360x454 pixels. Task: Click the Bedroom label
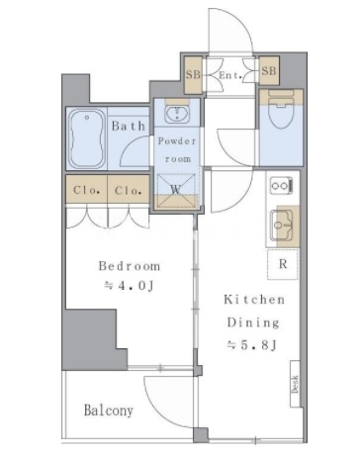tap(130, 266)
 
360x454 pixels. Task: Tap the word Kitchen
tap(254, 300)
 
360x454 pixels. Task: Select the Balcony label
tap(109, 410)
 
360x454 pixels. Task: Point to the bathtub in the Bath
tap(87, 138)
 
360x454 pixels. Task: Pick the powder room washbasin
tap(177, 113)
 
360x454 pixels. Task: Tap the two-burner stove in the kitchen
tap(281, 186)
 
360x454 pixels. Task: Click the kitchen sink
tap(282, 226)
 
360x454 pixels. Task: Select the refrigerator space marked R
tap(283, 264)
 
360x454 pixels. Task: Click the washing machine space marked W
tap(176, 191)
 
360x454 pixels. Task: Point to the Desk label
tap(295, 384)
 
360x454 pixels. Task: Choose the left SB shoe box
tap(193, 75)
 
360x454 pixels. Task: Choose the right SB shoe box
tap(269, 71)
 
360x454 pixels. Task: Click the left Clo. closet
tap(87, 189)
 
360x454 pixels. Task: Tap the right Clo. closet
tap(129, 189)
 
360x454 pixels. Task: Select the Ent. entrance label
tap(230, 75)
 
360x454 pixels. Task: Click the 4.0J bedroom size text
tap(130, 286)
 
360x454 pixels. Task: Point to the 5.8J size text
tap(252, 345)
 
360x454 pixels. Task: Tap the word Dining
tap(253, 322)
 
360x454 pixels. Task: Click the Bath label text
tap(128, 126)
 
